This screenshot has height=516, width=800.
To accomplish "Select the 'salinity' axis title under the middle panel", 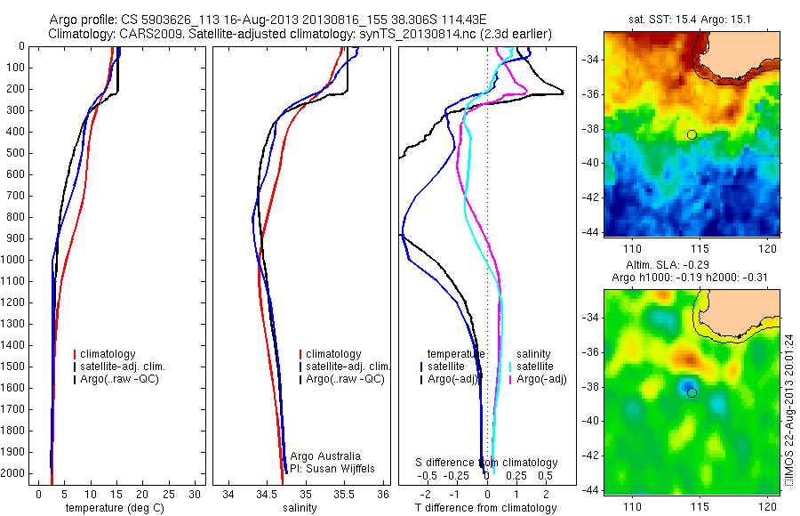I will click(299, 508).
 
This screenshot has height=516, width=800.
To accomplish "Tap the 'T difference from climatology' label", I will click(485, 508).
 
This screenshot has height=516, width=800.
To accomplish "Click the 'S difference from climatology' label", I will click(486, 463).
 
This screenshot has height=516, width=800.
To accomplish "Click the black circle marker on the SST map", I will click(692, 134).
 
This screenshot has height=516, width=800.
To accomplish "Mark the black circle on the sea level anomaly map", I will click(692, 392).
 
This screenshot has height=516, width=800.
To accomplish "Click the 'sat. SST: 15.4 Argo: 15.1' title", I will click(692, 19).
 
